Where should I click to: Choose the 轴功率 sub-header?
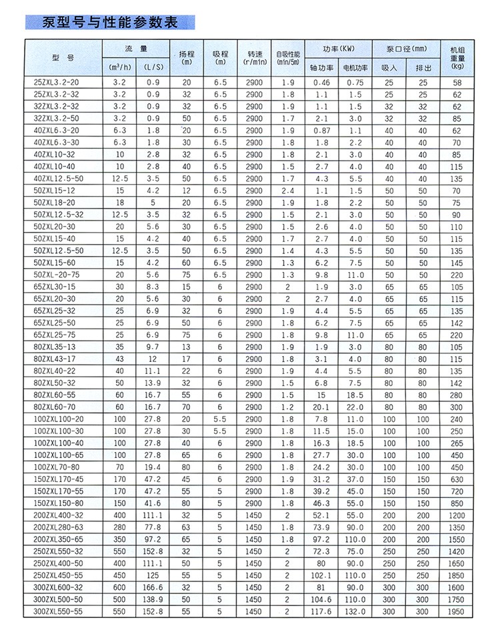(x=322, y=68)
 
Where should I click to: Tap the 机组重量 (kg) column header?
(x=457, y=58)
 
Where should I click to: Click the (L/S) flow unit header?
(x=153, y=68)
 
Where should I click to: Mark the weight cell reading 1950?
(x=457, y=611)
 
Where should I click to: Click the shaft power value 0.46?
(x=322, y=83)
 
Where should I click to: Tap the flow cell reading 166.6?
(x=153, y=587)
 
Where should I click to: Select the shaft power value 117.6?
(x=322, y=611)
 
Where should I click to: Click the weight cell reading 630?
(x=457, y=479)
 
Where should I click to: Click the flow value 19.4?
(x=153, y=467)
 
